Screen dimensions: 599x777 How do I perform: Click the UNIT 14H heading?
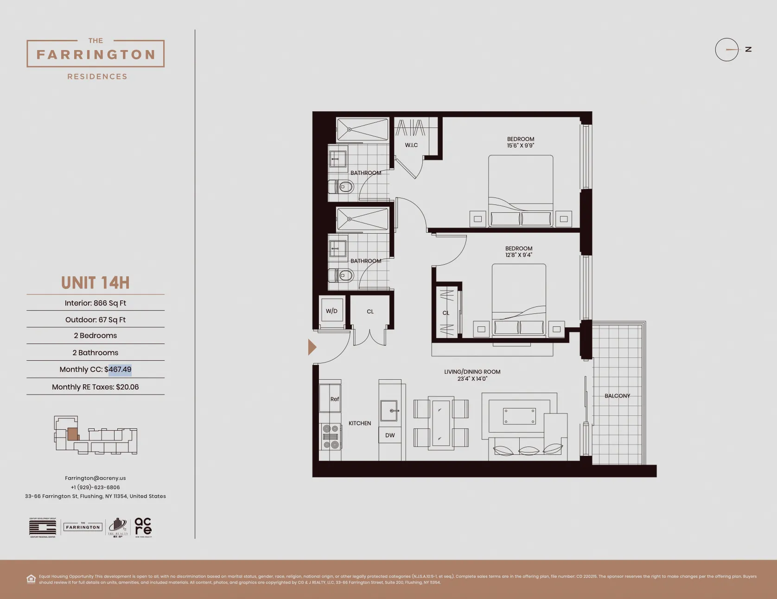[x=95, y=283]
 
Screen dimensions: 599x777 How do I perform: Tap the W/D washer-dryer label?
[x=331, y=311]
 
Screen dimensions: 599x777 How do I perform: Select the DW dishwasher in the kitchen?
[x=390, y=435]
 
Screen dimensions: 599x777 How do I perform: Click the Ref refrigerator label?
[x=334, y=399]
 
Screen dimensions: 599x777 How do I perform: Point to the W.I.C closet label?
[x=411, y=145]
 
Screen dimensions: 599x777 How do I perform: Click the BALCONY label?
[x=617, y=396]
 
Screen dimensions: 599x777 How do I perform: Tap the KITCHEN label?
[x=360, y=423]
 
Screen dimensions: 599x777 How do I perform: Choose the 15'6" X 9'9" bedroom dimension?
[x=520, y=146]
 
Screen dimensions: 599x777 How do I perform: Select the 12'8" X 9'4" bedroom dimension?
[x=518, y=255]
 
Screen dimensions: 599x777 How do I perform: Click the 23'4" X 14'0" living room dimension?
[x=472, y=379]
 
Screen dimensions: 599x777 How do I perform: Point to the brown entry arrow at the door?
[x=312, y=347]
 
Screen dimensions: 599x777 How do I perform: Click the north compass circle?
[x=726, y=50]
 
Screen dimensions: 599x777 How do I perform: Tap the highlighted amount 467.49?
[x=120, y=370]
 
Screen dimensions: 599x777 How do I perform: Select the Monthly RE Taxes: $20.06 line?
[x=95, y=387]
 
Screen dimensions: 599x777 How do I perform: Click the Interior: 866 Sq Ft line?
[x=95, y=303]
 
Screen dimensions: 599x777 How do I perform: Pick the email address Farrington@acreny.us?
[x=95, y=478]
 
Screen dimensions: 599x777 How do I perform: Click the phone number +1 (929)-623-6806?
[x=95, y=487]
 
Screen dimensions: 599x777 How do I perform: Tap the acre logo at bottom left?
[x=143, y=527]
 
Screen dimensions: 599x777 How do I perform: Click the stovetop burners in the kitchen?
[x=331, y=437]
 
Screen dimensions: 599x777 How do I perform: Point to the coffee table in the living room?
[x=519, y=416]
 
